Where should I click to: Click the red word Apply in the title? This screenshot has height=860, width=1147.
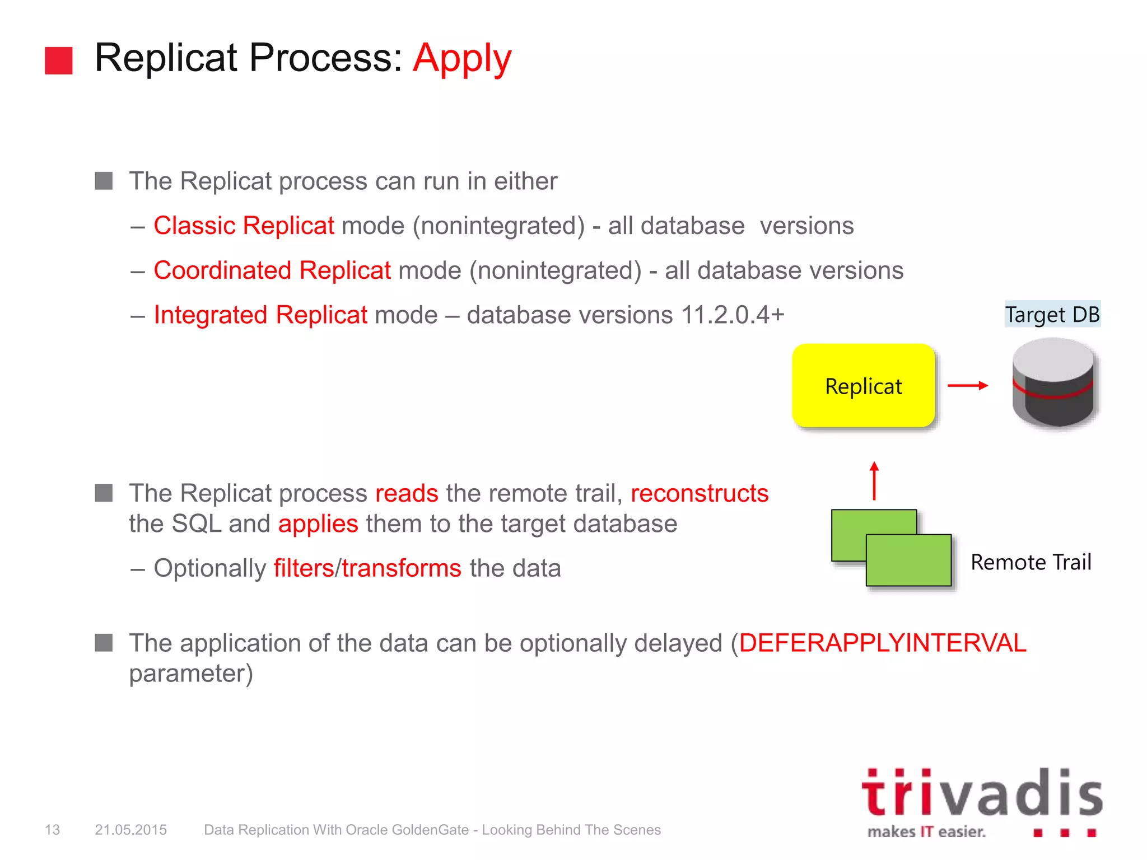[x=462, y=58]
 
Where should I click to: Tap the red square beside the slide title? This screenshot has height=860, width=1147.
[x=59, y=60]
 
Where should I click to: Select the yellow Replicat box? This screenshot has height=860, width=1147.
[x=863, y=386]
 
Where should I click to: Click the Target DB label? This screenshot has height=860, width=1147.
[x=1052, y=314]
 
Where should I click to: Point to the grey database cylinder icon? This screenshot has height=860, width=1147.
[x=1053, y=384]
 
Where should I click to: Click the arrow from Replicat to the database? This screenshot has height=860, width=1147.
[x=967, y=385]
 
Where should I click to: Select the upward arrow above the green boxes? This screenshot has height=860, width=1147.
[x=874, y=480]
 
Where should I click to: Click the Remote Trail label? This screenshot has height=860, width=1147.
[x=1031, y=562]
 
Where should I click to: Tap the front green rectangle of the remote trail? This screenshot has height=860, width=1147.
[x=908, y=560]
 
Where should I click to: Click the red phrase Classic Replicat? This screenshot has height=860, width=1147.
[x=244, y=226]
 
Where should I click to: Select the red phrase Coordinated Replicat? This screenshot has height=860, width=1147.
[x=272, y=270]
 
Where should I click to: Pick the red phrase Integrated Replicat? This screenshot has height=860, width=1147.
[x=260, y=315]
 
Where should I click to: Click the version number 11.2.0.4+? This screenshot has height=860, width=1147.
[x=733, y=315]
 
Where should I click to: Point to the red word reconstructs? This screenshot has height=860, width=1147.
[x=699, y=493]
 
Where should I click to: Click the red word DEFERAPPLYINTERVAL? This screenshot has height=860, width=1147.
[x=882, y=643]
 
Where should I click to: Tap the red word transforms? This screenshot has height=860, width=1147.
[x=402, y=568]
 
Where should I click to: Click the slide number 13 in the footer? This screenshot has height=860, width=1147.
[x=52, y=830]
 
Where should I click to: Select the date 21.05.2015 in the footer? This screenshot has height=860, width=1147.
[x=130, y=830]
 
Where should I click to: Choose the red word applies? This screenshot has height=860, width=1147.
[x=318, y=524]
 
